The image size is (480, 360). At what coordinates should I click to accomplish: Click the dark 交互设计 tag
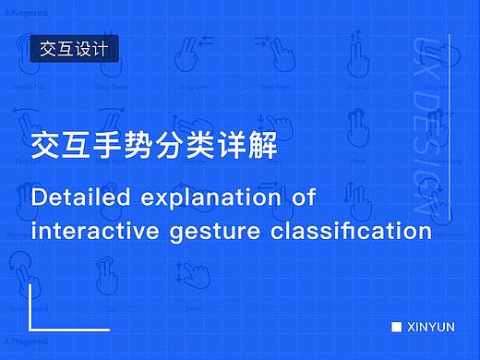75,49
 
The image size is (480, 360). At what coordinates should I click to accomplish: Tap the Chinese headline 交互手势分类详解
153,146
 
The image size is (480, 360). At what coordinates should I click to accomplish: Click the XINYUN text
430,326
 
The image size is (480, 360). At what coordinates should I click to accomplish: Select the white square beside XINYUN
396,326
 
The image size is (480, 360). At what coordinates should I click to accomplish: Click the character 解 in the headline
264,146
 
